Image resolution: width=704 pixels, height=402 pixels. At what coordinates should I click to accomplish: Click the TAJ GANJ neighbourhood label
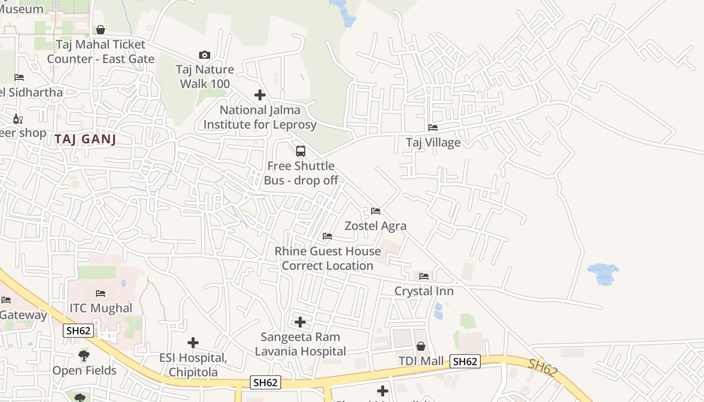pyautogui.click(x=85, y=140)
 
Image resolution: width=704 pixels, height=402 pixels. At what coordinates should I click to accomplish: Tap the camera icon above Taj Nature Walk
pyautogui.click(x=205, y=55)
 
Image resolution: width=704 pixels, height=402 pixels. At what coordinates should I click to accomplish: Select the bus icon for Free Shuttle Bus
pyautogui.click(x=301, y=151)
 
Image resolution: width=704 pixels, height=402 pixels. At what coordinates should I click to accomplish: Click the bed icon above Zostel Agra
pyautogui.click(x=375, y=211)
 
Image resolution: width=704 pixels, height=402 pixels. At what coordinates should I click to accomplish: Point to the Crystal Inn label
pyautogui.click(x=423, y=291)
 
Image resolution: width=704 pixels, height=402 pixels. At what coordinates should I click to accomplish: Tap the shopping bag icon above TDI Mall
pyautogui.click(x=421, y=346)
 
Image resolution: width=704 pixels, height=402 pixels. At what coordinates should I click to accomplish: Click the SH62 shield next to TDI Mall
pyautogui.click(x=465, y=361)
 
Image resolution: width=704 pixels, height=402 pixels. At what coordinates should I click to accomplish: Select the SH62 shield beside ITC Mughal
pyautogui.click(x=78, y=330)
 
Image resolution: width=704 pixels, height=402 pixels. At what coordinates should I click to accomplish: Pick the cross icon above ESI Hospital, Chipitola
pyautogui.click(x=193, y=343)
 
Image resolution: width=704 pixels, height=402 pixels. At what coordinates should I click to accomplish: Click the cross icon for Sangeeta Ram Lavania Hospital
pyautogui.click(x=300, y=322)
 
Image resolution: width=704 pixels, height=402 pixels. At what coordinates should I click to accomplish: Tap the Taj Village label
pyautogui.click(x=433, y=142)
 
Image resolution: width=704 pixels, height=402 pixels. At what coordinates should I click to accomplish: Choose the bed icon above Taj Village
pyautogui.click(x=432, y=128)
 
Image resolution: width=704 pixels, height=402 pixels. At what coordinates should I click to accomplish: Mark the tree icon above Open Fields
pyautogui.click(x=84, y=356)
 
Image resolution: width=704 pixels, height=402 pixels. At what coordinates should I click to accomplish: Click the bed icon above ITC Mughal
pyautogui.click(x=101, y=293)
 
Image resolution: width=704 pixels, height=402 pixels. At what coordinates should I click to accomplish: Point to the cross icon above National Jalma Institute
pyautogui.click(x=259, y=94)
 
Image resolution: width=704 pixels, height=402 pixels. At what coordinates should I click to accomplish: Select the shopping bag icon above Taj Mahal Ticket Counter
pyautogui.click(x=101, y=30)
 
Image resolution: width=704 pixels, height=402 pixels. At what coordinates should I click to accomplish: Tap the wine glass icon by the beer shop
pyautogui.click(x=18, y=119)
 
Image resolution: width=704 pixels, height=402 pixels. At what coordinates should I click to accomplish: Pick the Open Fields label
pyautogui.click(x=84, y=370)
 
